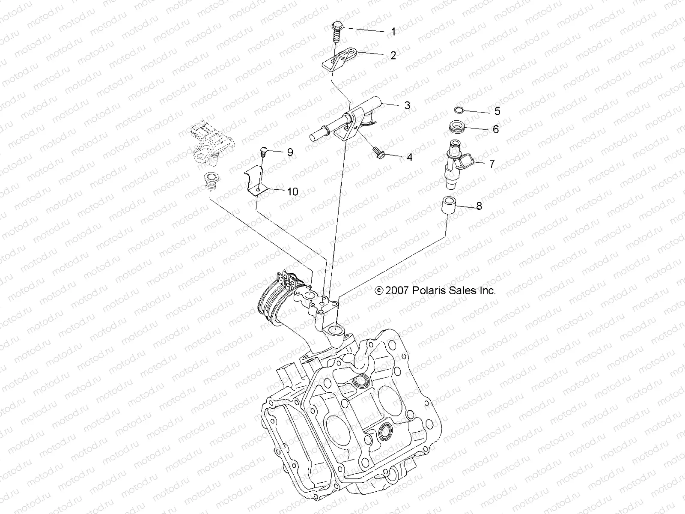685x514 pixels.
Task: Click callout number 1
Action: pos(393,32)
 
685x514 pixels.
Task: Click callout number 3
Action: pos(407,105)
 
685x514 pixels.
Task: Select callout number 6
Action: pos(496,129)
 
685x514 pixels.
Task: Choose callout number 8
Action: pos(479,206)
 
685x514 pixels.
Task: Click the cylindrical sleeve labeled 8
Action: pos(448,206)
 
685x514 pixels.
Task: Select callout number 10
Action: pos(292,191)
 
